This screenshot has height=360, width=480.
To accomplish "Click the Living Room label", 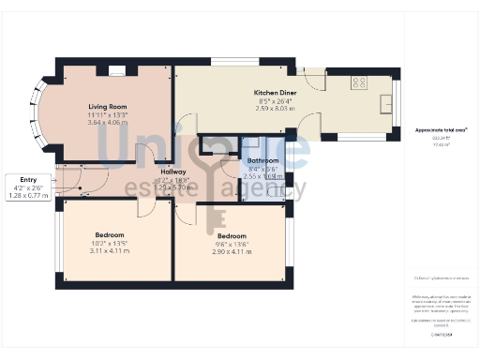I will click(107, 107).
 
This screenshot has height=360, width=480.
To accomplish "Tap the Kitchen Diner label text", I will click(275, 93).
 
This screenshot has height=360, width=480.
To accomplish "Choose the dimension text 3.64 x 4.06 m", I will click(107, 122).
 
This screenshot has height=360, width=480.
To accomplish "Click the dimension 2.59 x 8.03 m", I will click(275, 108).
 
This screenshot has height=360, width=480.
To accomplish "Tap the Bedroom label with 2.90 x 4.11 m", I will click(232, 235).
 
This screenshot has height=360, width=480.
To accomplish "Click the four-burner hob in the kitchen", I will click(358, 82).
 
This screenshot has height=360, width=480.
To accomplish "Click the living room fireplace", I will click(116, 69).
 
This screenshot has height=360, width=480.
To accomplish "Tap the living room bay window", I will click(40, 113).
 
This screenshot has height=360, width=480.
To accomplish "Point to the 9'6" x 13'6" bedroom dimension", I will click(232, 244).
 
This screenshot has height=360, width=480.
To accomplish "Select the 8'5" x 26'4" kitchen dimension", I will click(275, 100).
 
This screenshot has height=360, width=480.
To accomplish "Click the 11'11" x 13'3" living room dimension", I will click(107, 114).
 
